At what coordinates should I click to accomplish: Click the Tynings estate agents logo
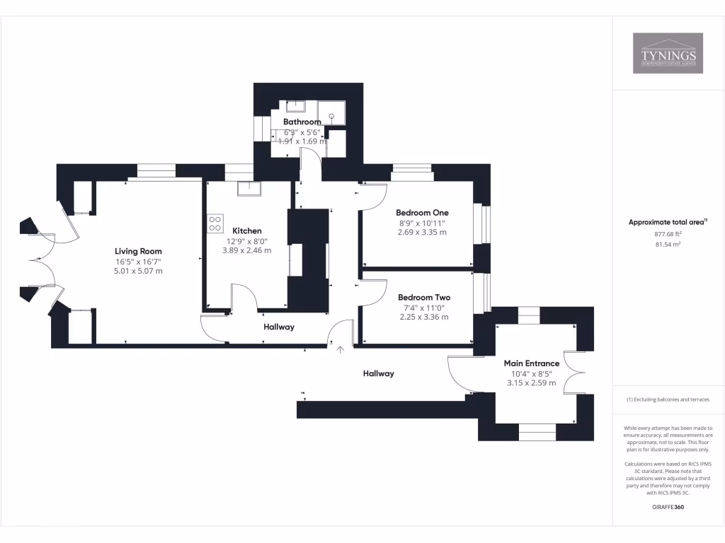(668, 53)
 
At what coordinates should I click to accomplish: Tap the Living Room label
(139, 251)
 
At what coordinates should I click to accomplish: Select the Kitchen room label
(247, 230)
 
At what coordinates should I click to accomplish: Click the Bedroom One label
(422, 213)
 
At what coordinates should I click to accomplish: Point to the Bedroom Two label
(423, 298)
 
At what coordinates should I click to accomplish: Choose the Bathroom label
(302, 122)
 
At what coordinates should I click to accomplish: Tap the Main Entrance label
(531, 363)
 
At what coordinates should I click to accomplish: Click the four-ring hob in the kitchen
(216, 223)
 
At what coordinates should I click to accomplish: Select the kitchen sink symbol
(249, 187)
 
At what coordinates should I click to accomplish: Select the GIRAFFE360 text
(668, 507)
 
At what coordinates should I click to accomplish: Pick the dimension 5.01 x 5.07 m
(139, 271)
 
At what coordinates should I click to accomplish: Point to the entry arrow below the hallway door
(340, 349)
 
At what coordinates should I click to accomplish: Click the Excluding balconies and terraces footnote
(668, 399)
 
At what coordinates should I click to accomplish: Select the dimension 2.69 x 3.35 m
(422, 232)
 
